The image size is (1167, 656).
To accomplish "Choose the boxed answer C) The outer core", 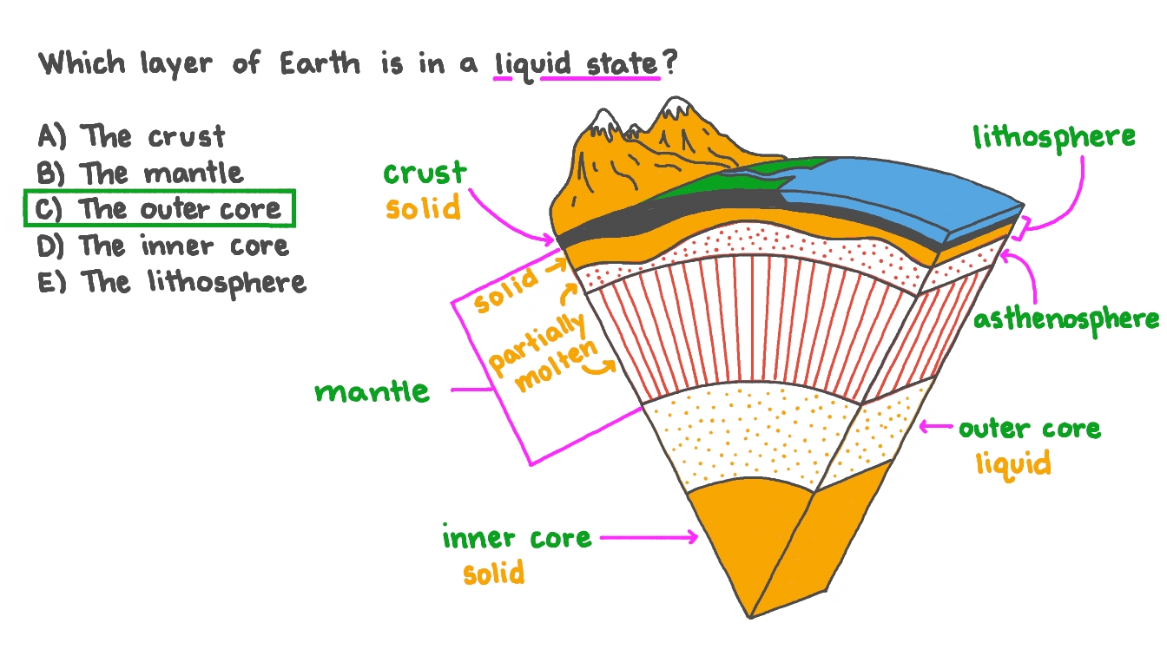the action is click(160, 209).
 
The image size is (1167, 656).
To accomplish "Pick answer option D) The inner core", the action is click(163, 246).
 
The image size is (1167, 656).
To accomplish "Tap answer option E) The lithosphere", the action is click(172, 282).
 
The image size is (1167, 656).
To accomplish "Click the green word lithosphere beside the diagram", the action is click(1053, 137).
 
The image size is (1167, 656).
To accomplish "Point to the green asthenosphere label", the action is click(1065, 318).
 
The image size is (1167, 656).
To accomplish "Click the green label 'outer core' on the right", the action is click(1029, 429).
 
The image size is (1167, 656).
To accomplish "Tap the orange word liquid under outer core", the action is click(1012, 462).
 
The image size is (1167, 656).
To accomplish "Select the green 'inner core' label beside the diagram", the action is click(517, 538).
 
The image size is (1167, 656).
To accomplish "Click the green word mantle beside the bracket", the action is click(373, 391).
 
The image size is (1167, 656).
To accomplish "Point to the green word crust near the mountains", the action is click(425, 173).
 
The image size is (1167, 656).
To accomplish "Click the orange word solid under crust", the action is click(423, 208).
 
